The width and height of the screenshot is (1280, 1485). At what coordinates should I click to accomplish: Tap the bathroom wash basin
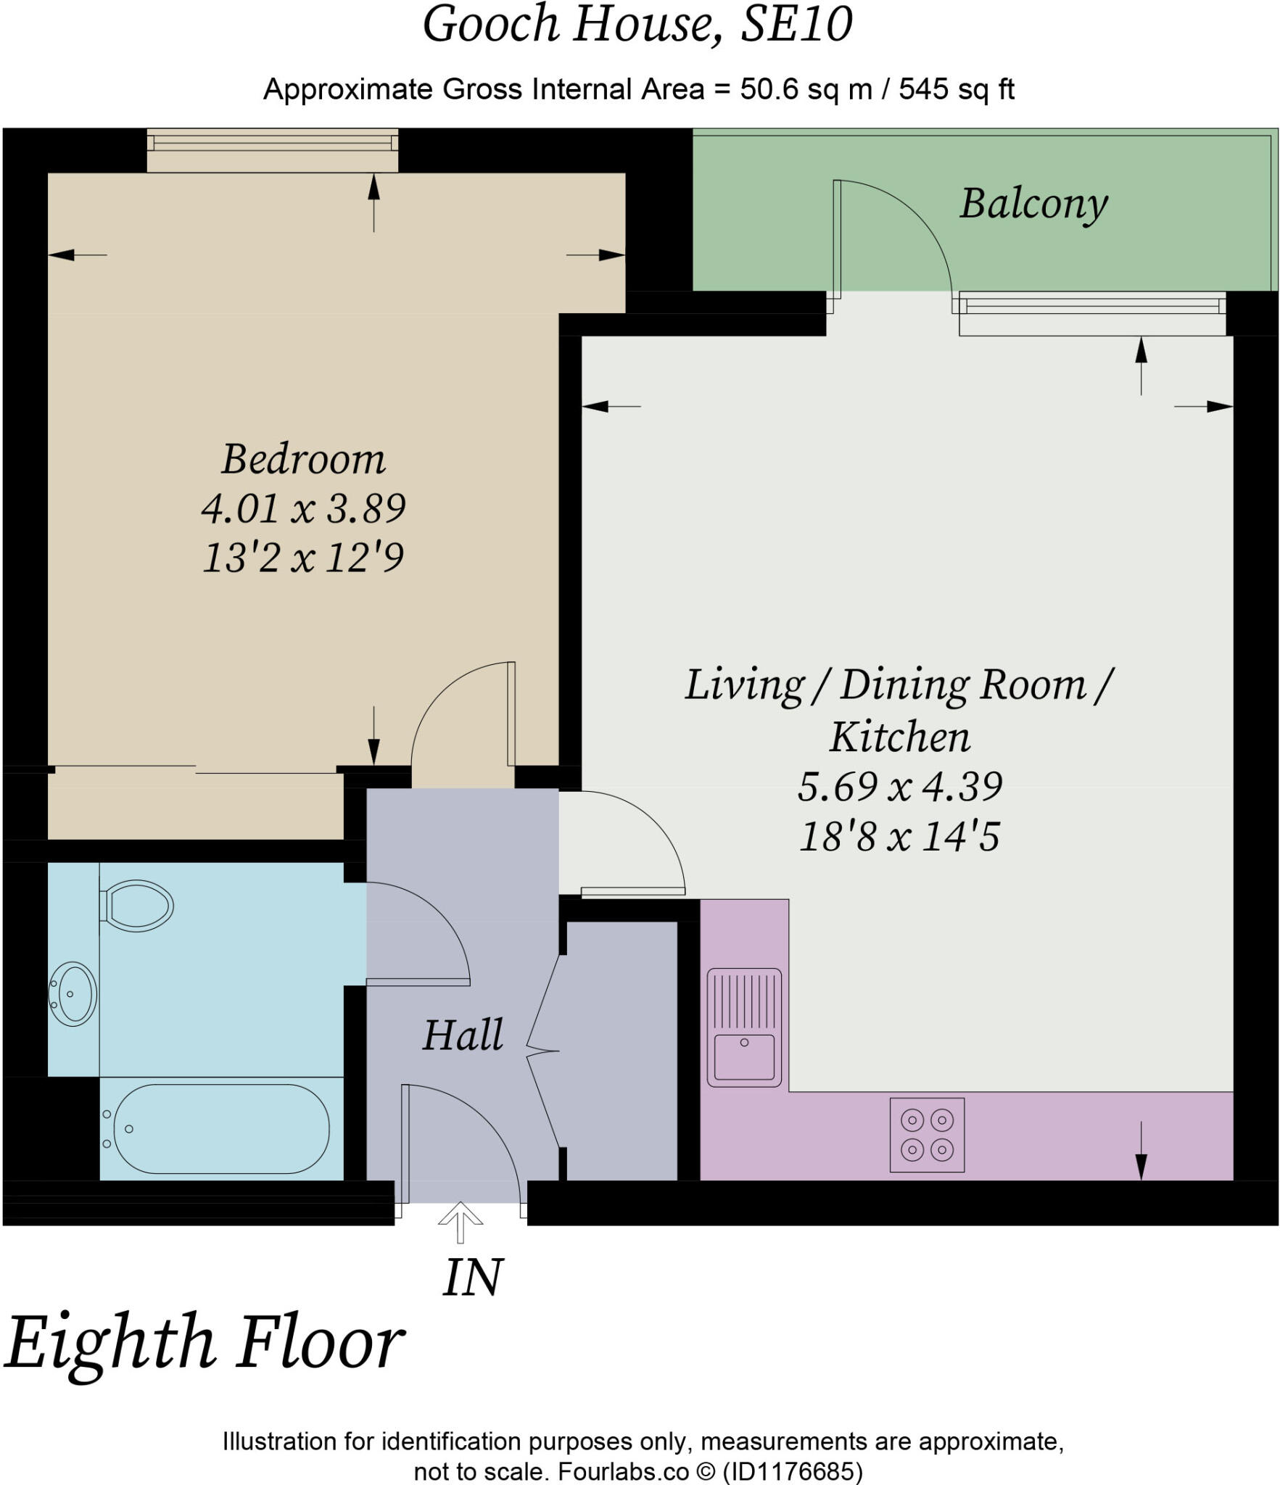coord(72,993)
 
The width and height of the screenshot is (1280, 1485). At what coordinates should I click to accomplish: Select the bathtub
coord(215,1129)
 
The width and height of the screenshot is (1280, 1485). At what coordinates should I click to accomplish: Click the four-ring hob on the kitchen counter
coord(927,1135)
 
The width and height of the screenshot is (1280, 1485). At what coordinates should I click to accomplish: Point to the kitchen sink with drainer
coord(744,1027)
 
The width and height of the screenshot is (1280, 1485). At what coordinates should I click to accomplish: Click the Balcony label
coord(1034,204)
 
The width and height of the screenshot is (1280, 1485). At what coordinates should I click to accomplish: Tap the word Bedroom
coord(303,459)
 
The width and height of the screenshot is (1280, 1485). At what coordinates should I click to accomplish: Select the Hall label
coord(463,1035)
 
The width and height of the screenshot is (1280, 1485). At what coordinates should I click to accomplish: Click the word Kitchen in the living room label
coord(899,737)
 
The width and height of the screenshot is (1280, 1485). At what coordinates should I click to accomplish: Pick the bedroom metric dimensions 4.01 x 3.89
coord(303,508)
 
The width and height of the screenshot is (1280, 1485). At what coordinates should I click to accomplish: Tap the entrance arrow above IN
coord(461,1222)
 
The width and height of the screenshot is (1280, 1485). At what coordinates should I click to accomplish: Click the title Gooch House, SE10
coord(637,24)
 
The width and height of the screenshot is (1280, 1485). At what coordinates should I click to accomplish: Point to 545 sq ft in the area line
coord(957,89)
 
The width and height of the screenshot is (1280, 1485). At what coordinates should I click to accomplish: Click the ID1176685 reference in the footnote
coord(793,1471)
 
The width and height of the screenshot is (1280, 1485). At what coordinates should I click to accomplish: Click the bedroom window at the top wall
coord(273,150)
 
